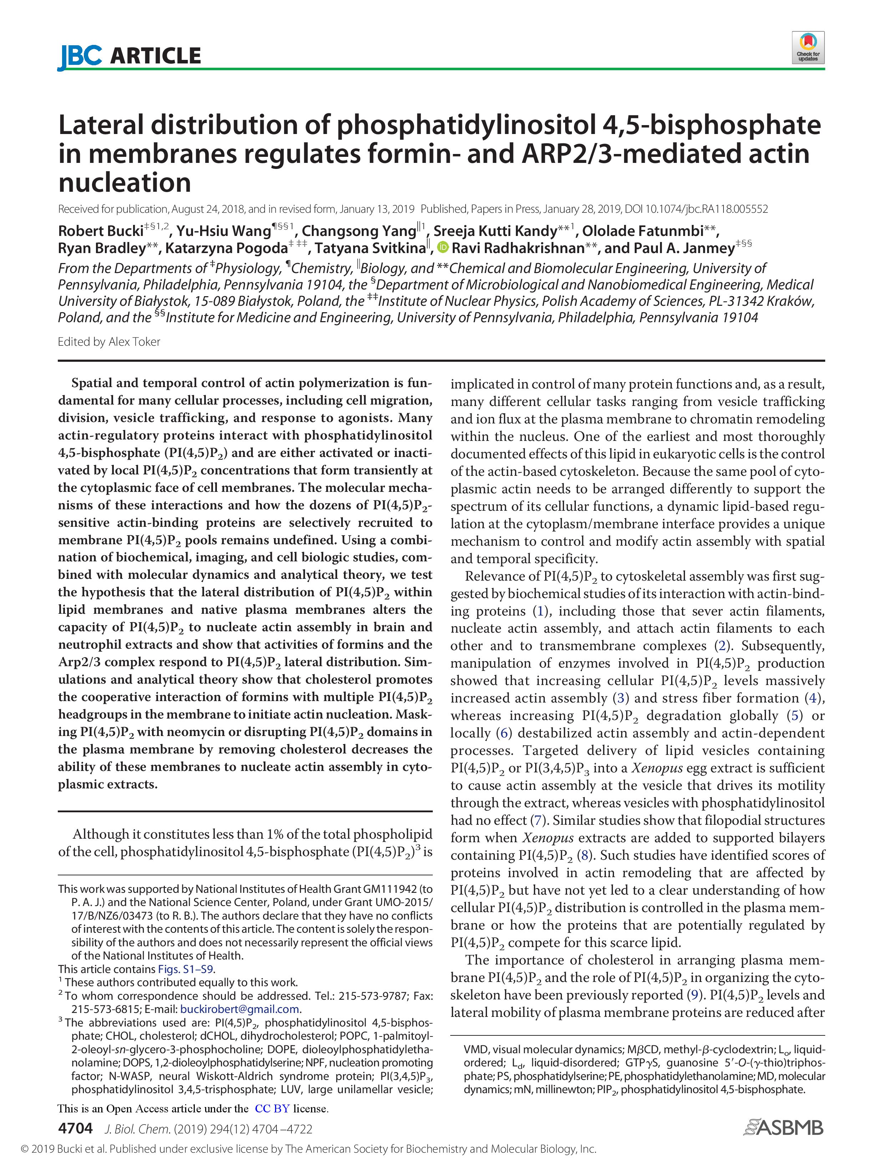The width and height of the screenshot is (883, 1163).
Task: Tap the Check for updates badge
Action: (x=808, y=48)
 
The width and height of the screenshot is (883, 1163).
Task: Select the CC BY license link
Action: (x=272, y=1109)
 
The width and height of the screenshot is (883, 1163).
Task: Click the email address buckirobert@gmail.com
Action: (x=239, y=1009)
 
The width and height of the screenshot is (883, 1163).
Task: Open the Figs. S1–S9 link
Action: (x=186, y=969)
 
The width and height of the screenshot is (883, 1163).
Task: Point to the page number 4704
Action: (x=75, y=1128)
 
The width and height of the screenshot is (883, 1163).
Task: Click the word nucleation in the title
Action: (x=125, y=182)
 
